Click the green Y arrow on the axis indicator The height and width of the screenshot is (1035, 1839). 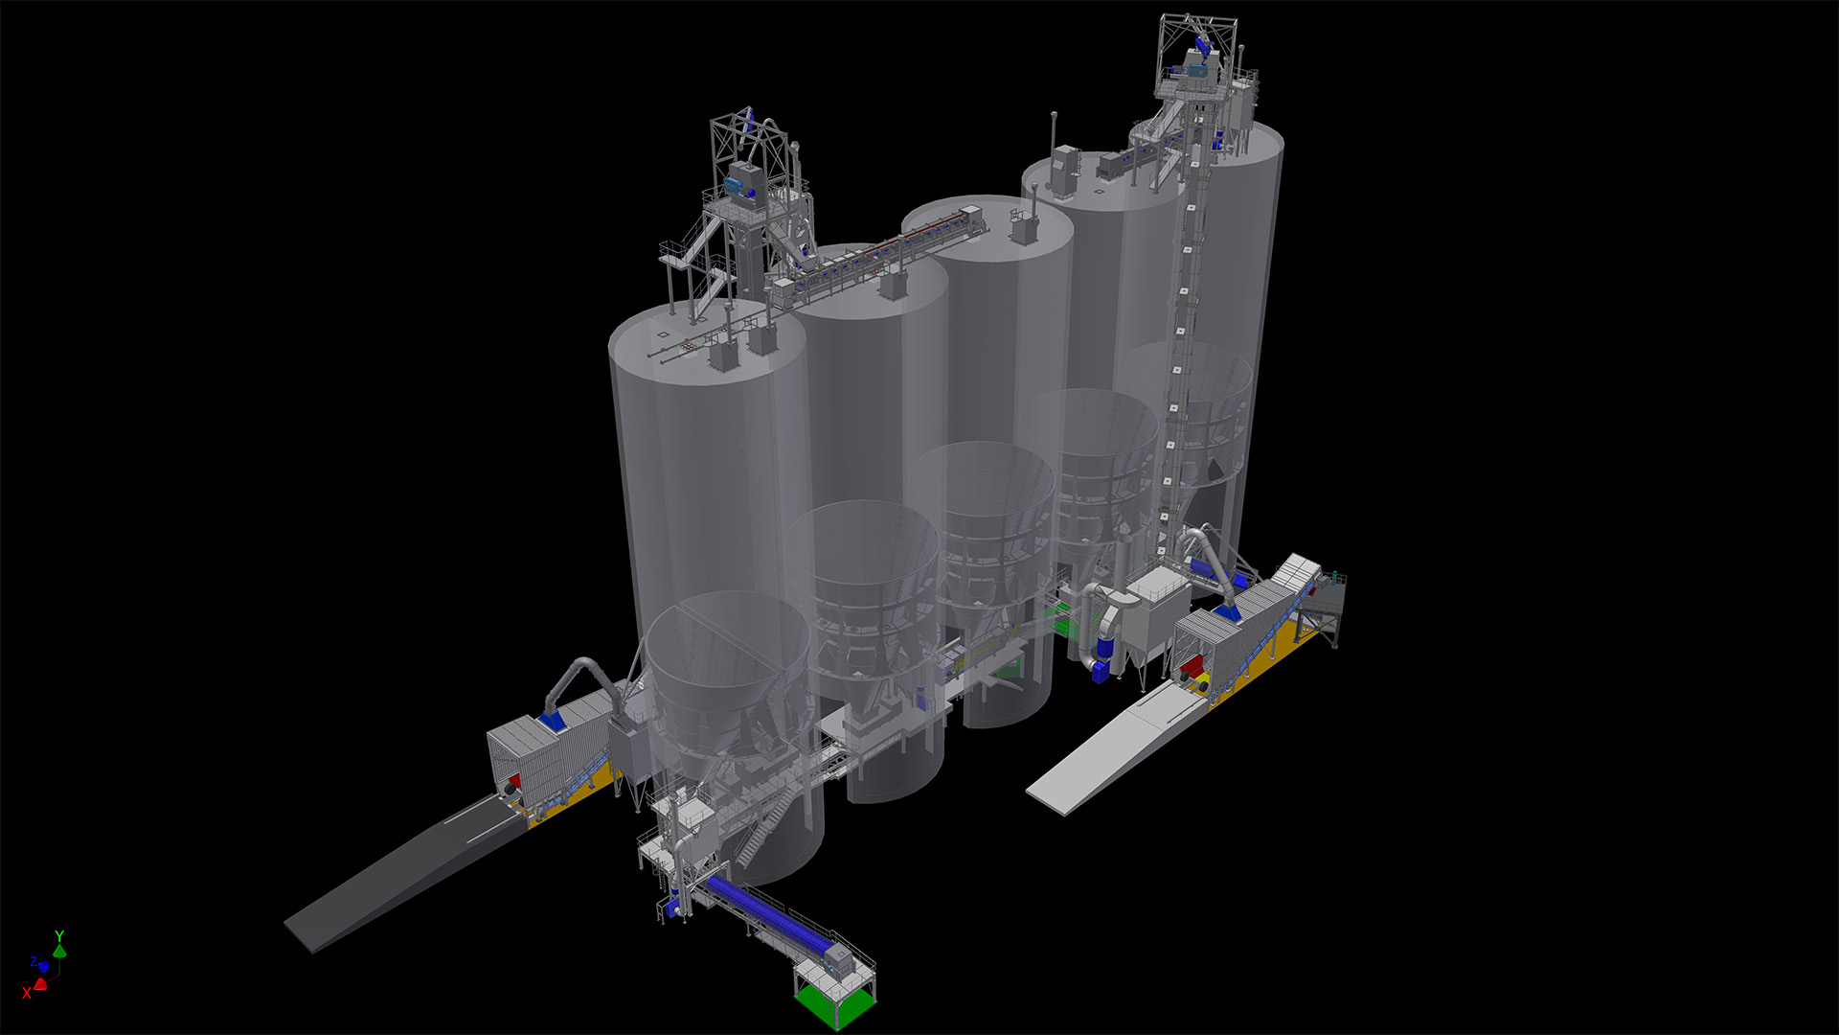click(59, 950)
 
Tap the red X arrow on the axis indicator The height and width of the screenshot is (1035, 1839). click(40, 984)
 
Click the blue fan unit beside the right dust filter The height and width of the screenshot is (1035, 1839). click(1102, 669)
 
